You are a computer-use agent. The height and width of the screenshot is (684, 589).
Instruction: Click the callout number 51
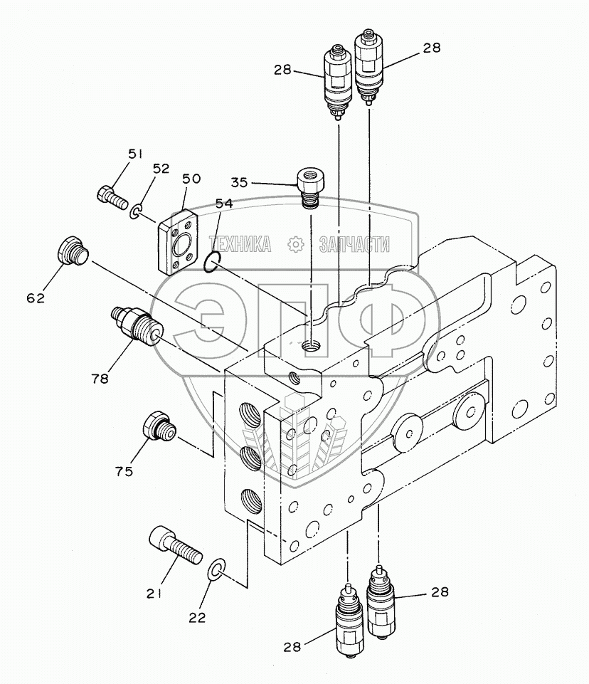(x=135, y=154)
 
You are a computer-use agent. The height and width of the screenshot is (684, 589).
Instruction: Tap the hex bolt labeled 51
(x=112, y=198)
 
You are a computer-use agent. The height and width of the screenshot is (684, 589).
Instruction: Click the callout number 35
(x=239, y=182)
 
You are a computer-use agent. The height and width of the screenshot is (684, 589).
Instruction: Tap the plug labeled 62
(x=73, y=251)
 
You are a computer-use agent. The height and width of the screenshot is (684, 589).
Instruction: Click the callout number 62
(x=36, y=298)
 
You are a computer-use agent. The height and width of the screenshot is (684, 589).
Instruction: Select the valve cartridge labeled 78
(x=136, y=325)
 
